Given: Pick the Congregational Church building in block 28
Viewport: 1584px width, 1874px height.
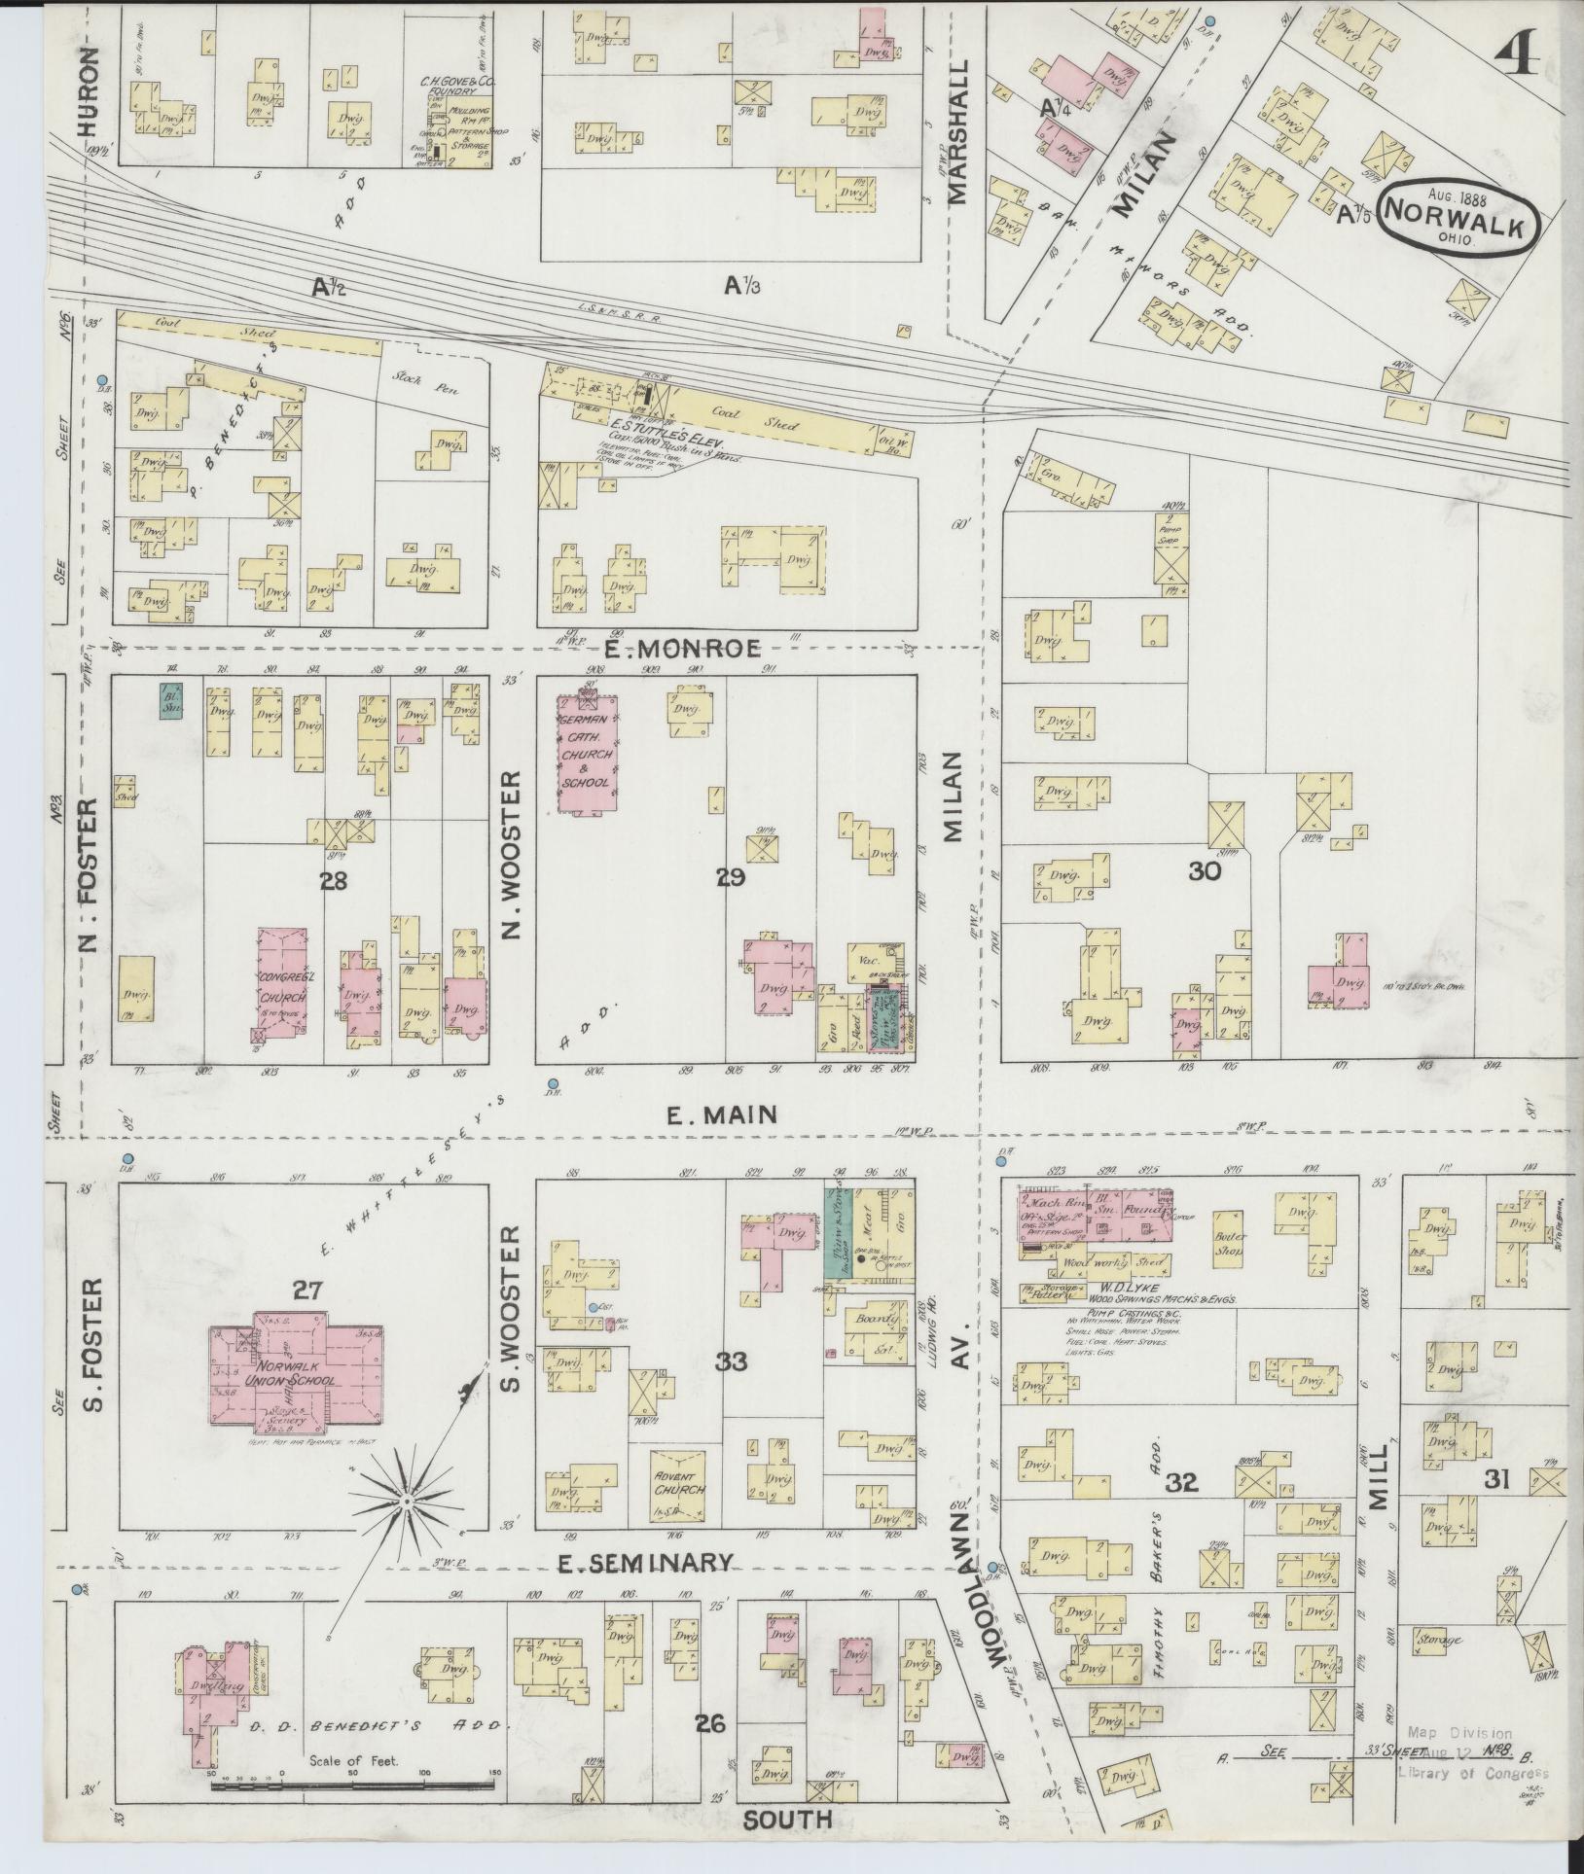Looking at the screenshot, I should click(x=282, y=982).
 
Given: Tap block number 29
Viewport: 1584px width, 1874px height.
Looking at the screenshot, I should click(x=731, y=878).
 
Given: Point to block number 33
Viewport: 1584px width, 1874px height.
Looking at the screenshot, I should click(x=731, y=1361).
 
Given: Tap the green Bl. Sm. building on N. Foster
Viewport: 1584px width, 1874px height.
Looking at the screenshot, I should click(x=173, y=701).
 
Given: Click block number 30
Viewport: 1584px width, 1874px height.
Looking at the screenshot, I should click(x=1205, y=871).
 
